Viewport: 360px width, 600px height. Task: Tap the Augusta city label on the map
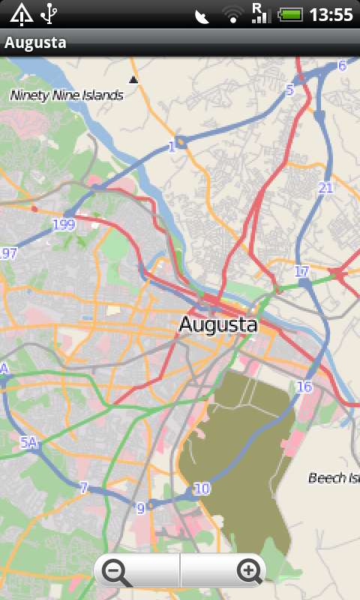[217, 325]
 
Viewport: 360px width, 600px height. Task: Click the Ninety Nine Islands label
[66, 95]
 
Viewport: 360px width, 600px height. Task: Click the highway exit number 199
[64, 224]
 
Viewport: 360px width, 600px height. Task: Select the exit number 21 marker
[325, 187]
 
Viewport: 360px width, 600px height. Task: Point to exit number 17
[301, 271]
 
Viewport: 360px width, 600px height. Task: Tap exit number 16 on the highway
[304, 387]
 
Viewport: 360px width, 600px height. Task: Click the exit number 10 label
[202, 489]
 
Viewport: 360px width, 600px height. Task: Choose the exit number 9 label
[140, 508]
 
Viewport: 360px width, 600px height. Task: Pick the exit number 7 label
[84, 487]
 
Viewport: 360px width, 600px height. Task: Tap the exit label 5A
[28, 443]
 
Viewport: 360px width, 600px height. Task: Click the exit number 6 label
[342, 65]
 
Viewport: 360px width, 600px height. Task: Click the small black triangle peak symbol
[133, 79]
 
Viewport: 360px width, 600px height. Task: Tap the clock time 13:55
[331, 14]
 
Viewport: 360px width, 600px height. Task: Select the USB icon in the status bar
[49, 13]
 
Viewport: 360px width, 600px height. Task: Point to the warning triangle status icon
[21, 13]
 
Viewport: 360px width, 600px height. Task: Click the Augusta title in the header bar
[35, 43]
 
